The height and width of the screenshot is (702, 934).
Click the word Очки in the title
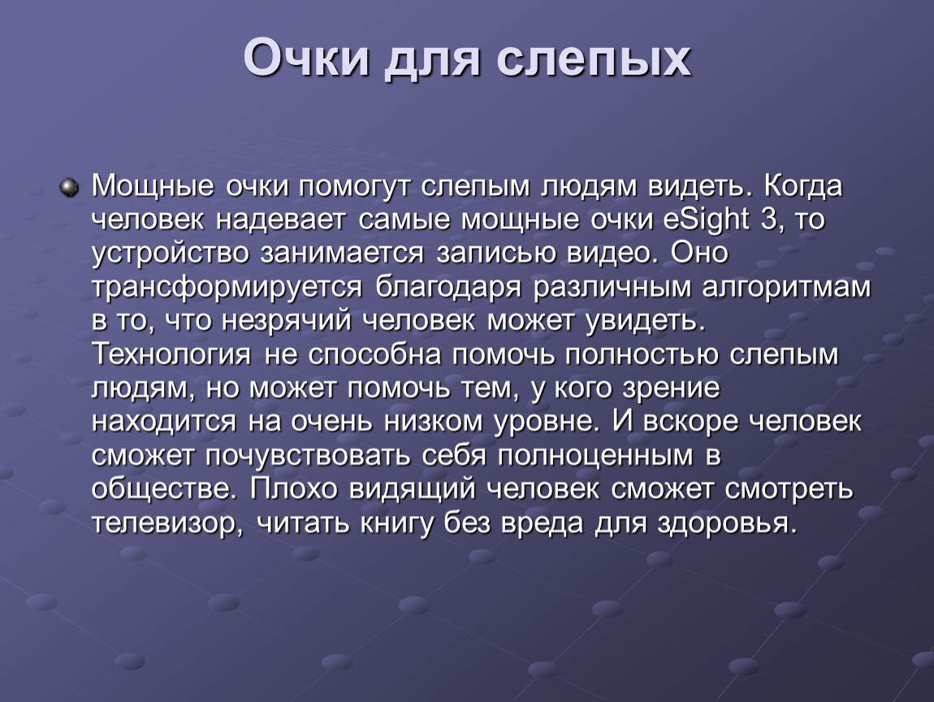[306, 58]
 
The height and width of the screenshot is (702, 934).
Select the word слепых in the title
[594, 58]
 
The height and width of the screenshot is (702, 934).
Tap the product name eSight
[705, 219]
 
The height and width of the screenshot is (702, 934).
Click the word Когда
[802, 186]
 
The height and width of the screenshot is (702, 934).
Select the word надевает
[280, 219]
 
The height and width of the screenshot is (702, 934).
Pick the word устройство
[171, 253]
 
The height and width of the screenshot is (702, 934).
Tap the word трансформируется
[227, 288]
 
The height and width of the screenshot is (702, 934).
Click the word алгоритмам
[786, 288]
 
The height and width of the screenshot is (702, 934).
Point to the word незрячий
[287, 321]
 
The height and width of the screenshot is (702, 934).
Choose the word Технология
[171, 354]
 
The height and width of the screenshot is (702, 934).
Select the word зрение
[672, 388]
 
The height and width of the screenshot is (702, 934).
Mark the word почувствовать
[308, 456]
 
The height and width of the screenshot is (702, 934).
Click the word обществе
[161, 489]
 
